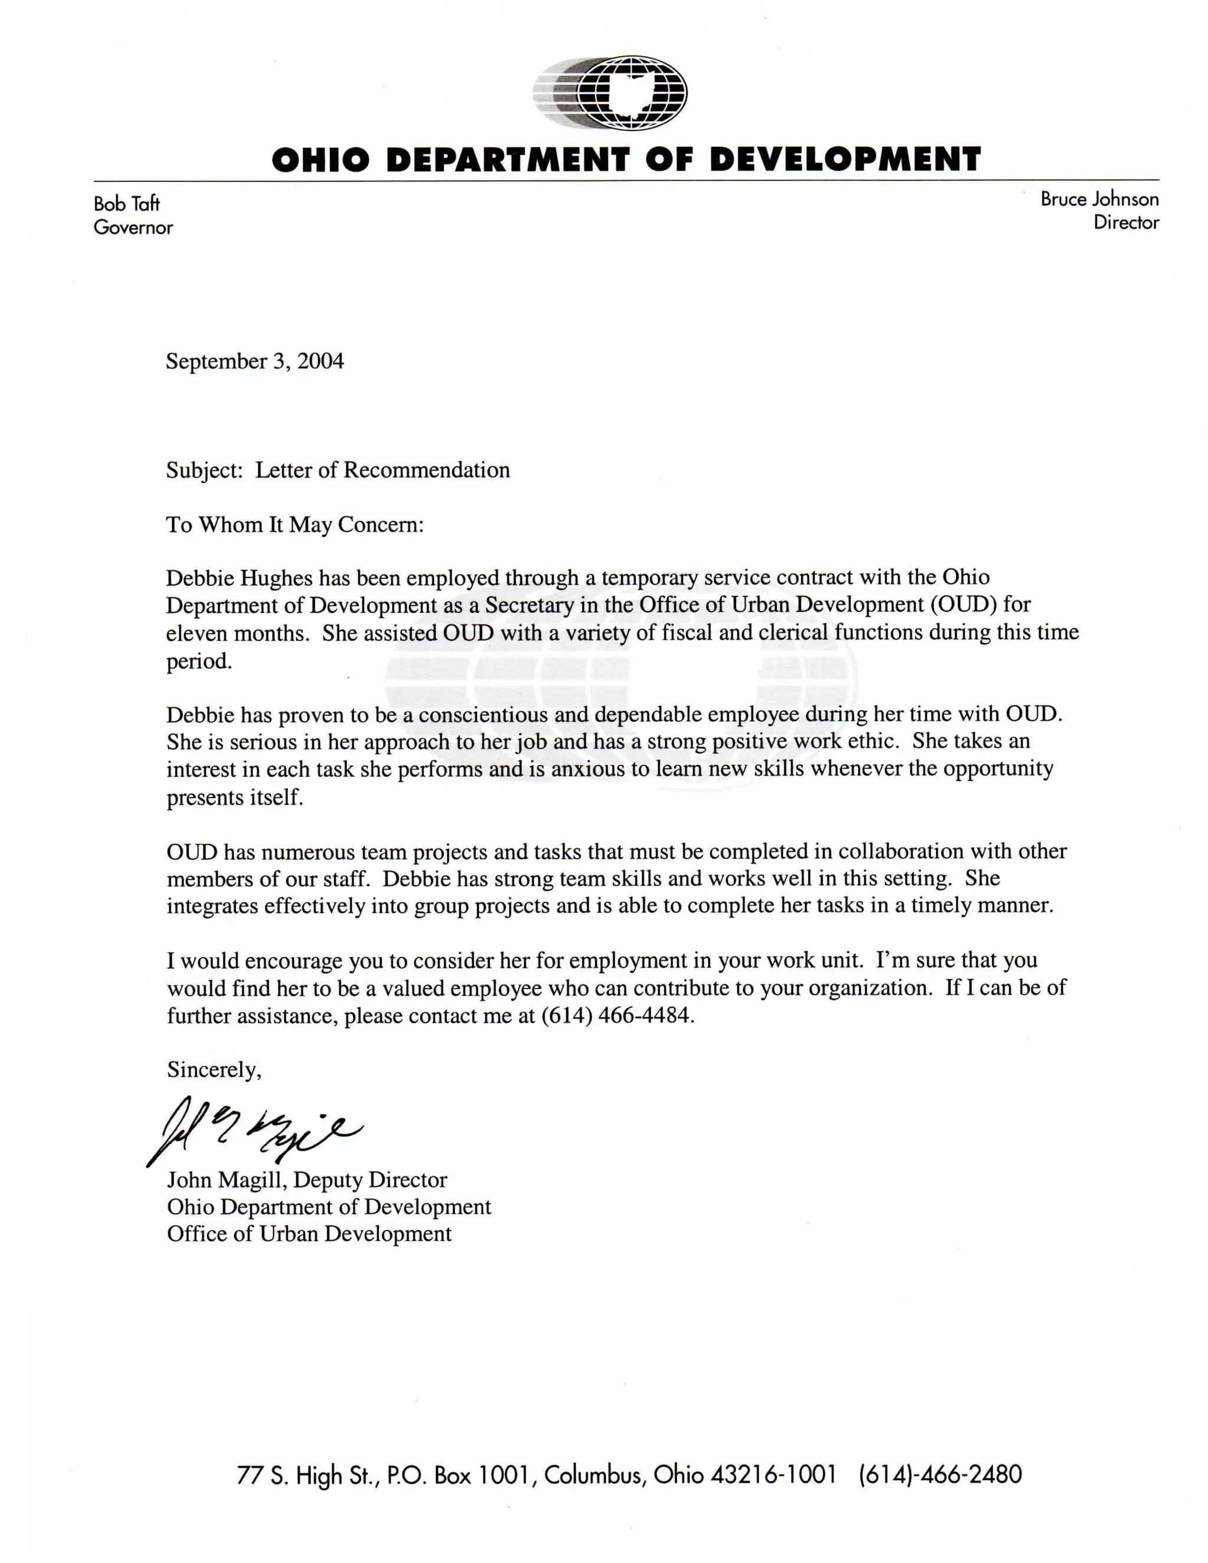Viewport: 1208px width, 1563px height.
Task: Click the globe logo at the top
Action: pos(610,94)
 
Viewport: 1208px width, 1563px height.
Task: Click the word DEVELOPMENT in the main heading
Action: pos(845,159)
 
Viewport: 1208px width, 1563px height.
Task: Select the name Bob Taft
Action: pos(127,204)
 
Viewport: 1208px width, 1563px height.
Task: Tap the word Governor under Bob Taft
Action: pos(133,228)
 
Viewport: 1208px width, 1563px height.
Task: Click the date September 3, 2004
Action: pos(255,361)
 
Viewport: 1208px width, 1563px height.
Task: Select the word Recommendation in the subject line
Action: pos(426,470)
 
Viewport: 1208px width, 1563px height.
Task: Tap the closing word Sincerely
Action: pos(214,1069)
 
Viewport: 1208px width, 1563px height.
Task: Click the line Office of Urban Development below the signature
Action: pos(309,1234)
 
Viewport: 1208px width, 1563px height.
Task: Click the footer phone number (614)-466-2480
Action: pos(940,1475)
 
